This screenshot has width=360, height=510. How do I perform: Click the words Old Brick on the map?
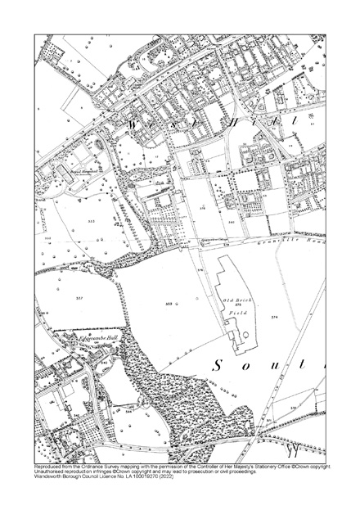click(237, 301)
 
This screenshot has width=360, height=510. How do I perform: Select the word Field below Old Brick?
click(237, 314)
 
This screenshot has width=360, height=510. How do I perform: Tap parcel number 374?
click(297, 317)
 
